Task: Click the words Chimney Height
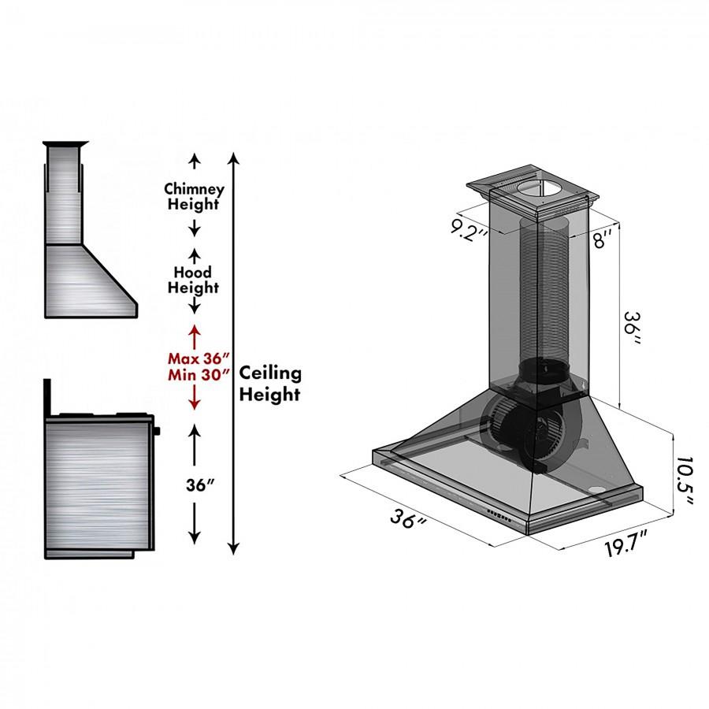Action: [194, 197]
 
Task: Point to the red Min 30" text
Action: [194, 374]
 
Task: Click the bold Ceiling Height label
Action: [270, 384]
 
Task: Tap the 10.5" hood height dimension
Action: [684, 483]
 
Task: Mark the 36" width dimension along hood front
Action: [410, 522]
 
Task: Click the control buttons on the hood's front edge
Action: [501, 516]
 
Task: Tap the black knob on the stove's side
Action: [158, 430]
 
